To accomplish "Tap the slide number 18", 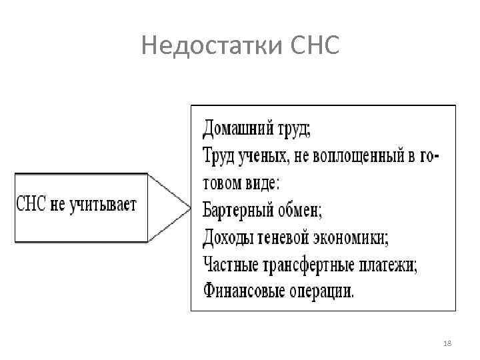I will (x=447, y=342).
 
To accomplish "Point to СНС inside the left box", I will (x=31, y=203).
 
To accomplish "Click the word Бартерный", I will (x=235, y=210).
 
